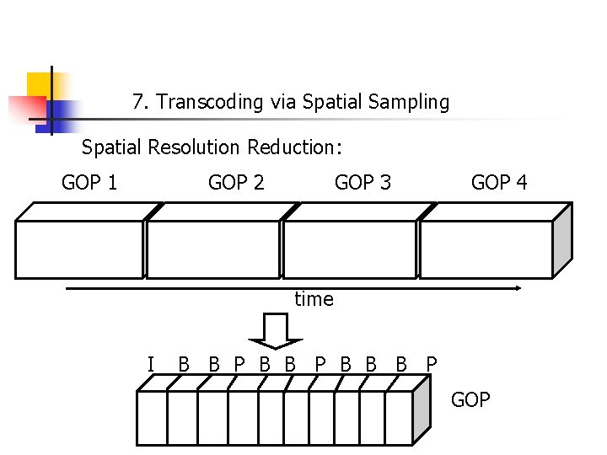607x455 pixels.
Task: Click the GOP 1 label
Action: tap(89, 182)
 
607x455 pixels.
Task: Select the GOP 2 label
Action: tap(236, 182)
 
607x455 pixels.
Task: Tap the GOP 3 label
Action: tap(363, 182)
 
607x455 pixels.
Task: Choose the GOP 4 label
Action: tap(499, 182)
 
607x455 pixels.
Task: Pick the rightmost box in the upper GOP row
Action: tap(486, 249)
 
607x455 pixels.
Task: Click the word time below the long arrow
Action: tap(314, 299)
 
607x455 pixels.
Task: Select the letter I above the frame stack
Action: tap(150, 365)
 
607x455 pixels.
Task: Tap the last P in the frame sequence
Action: tap(432, 365)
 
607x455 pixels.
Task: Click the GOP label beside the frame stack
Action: tap(470, 399)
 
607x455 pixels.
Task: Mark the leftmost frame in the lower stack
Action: tap(152, 417)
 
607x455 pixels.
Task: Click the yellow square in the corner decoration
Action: tap(40, 85)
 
